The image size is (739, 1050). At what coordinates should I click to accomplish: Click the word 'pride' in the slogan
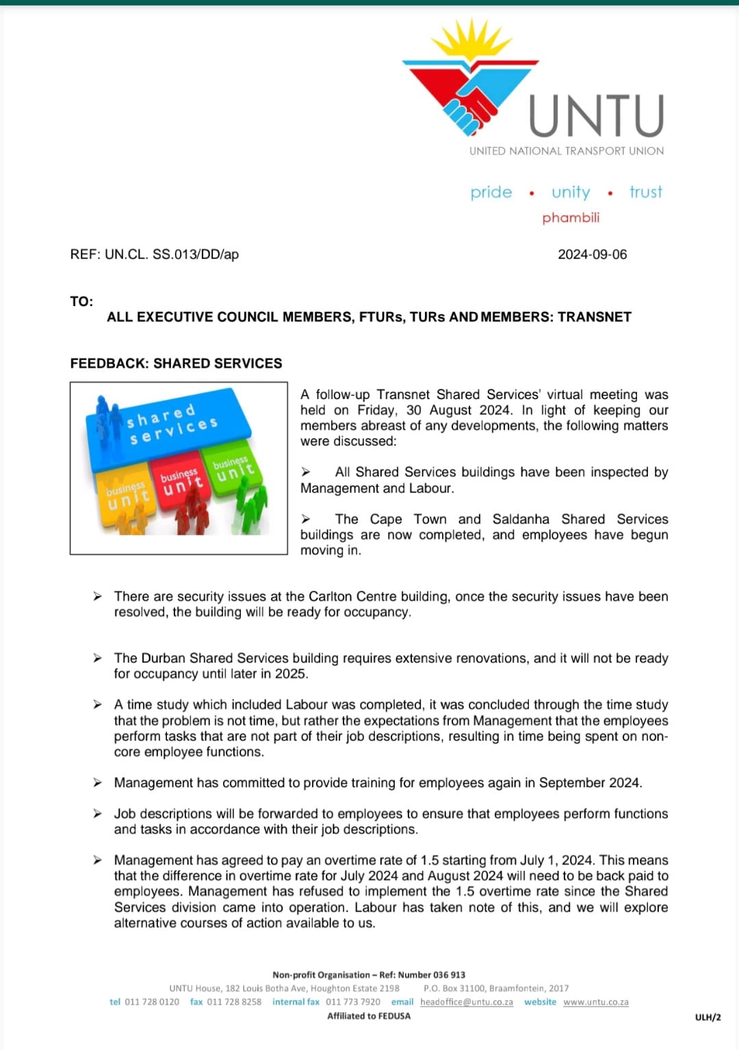coord(491,192)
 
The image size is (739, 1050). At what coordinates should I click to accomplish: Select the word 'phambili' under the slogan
coord(571,218)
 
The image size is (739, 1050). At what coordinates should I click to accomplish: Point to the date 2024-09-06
coord(592,255)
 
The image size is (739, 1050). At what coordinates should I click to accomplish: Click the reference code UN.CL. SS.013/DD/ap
coord(171,255)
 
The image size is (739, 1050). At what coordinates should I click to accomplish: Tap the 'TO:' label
coord(81,302)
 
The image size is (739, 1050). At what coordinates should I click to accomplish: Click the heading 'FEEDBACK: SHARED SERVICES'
coord(176,363)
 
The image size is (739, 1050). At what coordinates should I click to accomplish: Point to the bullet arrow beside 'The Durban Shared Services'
coord(98,658)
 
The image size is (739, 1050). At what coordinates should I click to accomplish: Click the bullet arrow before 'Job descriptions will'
coord(98,813)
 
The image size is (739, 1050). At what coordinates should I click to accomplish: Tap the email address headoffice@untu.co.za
coord(466,1002)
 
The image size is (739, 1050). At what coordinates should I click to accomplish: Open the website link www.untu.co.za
coord(595,1002)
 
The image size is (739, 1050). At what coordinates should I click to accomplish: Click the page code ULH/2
coord(708,1017)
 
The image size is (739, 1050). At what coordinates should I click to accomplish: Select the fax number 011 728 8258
coord(234,1002)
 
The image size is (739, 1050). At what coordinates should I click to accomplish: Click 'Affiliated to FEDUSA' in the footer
coord(369,1016)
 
